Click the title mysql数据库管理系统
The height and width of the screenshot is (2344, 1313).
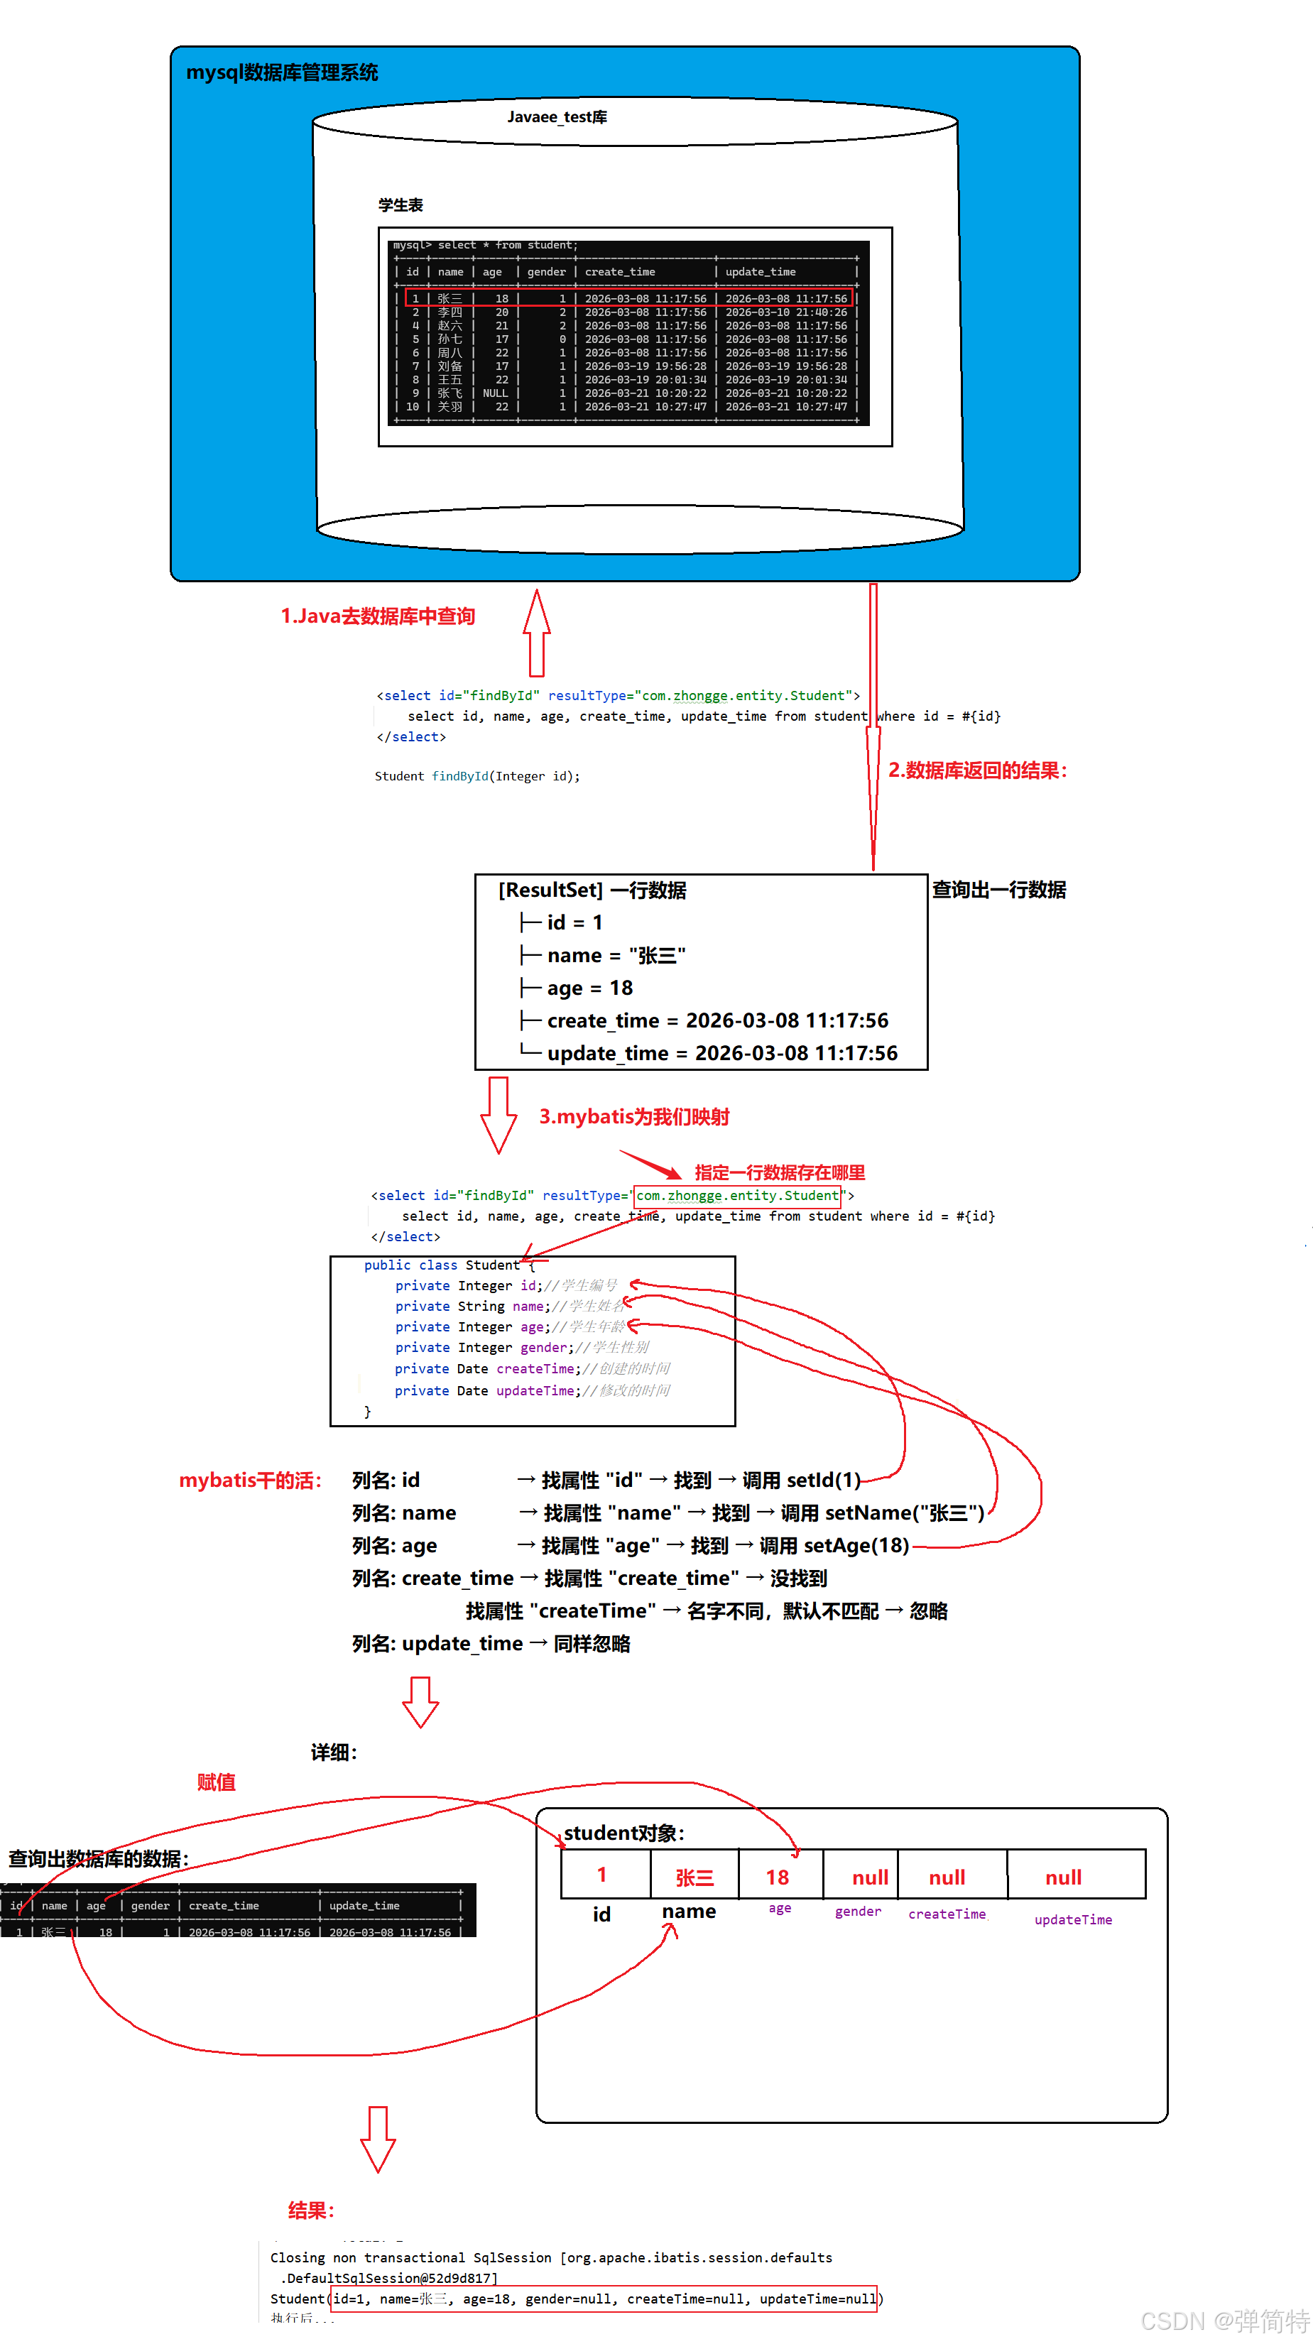pyautogui.click(x=281, y=73)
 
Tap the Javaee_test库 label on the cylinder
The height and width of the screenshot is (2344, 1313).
pyautogui.click(x=557, y=117)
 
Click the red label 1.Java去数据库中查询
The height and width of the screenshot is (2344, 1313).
pyautogui.click(x=378, y=617)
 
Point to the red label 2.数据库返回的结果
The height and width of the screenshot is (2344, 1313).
pyautogui.click(x=977, y=770)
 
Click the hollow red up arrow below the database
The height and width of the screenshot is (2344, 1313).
pyautogui.click(x=537, y=633)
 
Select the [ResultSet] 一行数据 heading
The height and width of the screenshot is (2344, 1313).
pyautogui.click(x=592, y=890)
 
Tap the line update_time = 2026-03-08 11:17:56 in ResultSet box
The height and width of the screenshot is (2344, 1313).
pyautogui.click(x=721, y=1054)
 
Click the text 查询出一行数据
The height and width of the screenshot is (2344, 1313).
pyautogui.click(x=998, y=890)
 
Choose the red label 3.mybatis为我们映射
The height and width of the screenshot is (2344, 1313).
pyautogui.click(x=634, y=1118)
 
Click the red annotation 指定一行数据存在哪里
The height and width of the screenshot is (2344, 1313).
pyautogui.click(x=780, y=1173)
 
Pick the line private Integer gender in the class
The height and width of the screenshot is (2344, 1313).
pyautogui.click(x=521, y=1348)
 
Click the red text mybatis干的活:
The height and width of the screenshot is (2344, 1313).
pyautogui.click(x=250, y=1481)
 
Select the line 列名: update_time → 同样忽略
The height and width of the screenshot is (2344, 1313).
pyautogui.click(x=491, y=1645)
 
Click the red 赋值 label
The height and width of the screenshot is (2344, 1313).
pyautogui.click(x=217, y=1782)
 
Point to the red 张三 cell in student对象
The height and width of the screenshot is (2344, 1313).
pyautogui.click(x=694, y=1878)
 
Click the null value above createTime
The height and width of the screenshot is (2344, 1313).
pyautogui.click(x=947, y=1878)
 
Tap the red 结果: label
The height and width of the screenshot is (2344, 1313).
pyautogui.click(x=311, y=2211)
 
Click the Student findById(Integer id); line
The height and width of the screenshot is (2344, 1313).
pyautogui.click(x=476, y=776)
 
